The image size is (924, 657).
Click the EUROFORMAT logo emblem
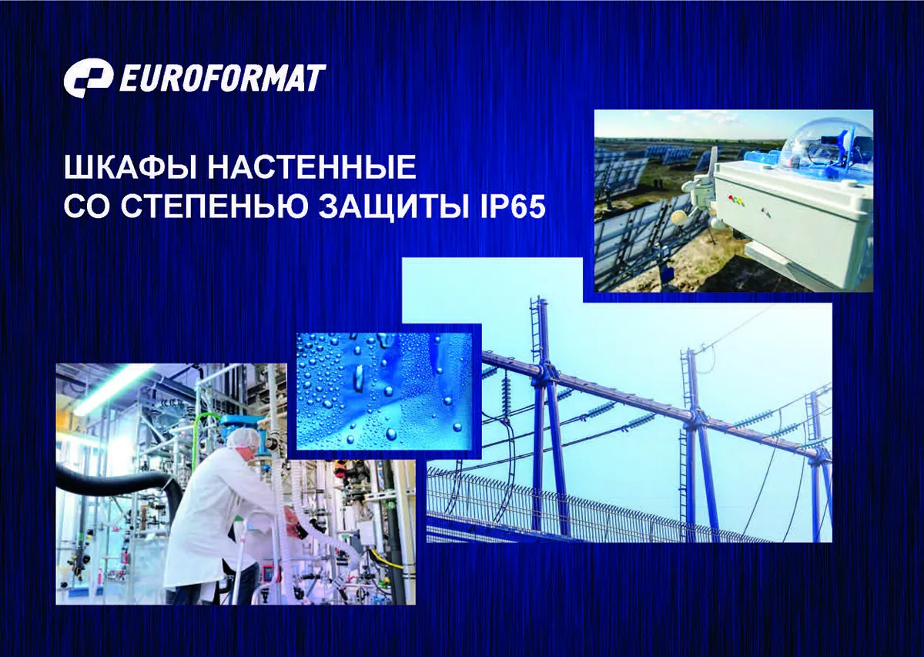click(89, 79)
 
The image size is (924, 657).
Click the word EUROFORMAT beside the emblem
click(223, 78)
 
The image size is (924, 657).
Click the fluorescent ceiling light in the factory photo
click(111, 389)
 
